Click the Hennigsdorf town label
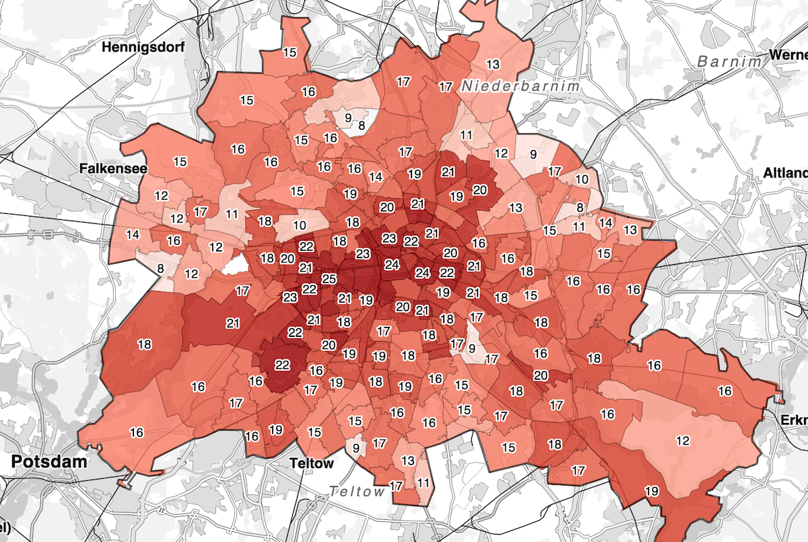(142, 47)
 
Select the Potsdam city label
(50, 462)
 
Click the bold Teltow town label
(311, 463)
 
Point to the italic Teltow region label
(358, 492)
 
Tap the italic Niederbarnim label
(520, 86)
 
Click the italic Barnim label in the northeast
(729, 61)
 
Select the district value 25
(329, 279)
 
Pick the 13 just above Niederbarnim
(494, 65)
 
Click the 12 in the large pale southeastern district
(683, 440)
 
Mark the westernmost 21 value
(233, 323)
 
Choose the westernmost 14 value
(133, 235)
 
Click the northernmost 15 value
(290, 52)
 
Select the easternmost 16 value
(725, 391)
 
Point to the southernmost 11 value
(423, 483)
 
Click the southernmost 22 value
(282, 365)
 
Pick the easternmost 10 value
(582, 180)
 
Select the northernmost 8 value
(362, 125)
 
